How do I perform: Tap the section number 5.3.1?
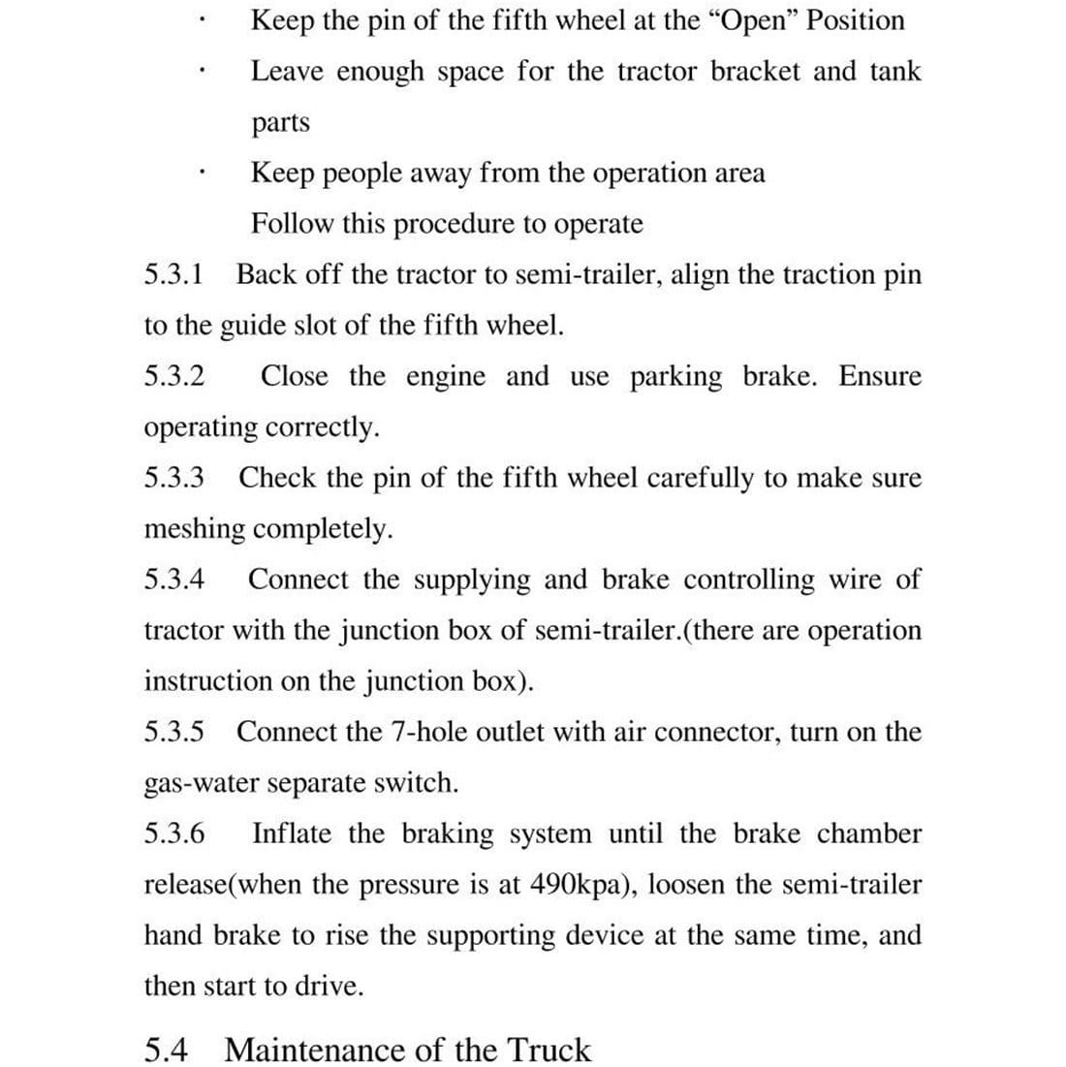click(174, 274)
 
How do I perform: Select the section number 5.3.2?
click(174, 376)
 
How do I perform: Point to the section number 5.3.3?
click(174, 478)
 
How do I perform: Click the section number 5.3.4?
click(174, 580)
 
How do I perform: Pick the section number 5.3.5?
click(174, 732)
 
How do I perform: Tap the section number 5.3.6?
click(174, 833)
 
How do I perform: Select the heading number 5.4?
click(166, 1050)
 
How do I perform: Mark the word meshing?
click(195, 529)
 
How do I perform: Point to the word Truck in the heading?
click(549, 1050)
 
